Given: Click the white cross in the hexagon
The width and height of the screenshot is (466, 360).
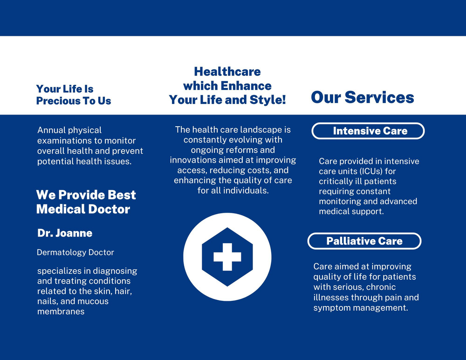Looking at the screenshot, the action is (x=227, y=257).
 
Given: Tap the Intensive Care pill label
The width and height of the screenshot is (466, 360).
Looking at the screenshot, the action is (x=368, y=131).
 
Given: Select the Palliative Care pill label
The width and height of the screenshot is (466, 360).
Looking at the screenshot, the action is (x=364, y=241).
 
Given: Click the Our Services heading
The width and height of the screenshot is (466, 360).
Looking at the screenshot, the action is (x=362, y=97).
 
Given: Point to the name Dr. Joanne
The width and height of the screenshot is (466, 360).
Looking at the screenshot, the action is (x=65, y=233).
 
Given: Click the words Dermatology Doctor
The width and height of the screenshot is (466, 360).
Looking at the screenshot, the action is (x=75, y=252).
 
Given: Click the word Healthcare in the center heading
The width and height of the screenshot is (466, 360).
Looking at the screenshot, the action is (x=227, y=72).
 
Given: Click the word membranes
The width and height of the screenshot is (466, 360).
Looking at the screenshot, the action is (x=61, y=312).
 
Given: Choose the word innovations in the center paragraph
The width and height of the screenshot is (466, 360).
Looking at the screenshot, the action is (x=193, y=160).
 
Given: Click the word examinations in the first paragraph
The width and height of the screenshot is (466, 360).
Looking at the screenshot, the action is (x=61, y=141).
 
